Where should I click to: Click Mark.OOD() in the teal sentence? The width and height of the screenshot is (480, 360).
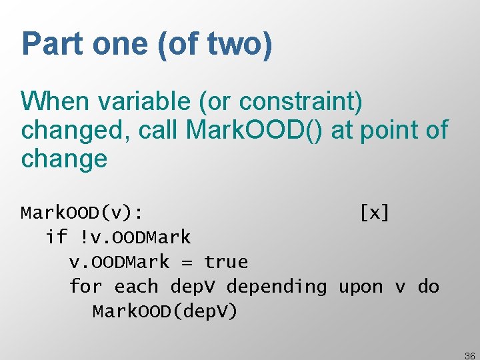(x=254, y=130)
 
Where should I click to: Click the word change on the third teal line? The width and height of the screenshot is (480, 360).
(x=64, y=159)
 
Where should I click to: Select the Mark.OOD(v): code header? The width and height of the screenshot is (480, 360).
(x=81, y=213)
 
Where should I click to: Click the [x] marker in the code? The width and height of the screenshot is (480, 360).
(x=374, y=213)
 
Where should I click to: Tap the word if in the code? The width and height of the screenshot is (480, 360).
(x=56, y=237)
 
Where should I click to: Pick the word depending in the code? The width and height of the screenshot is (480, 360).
(x=277, y=287)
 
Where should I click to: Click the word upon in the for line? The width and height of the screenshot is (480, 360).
(x=361, y=287)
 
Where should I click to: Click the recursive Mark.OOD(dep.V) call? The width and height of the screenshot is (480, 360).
(x=165, y=311)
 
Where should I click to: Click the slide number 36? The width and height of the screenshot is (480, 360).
(x=469, y=356)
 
